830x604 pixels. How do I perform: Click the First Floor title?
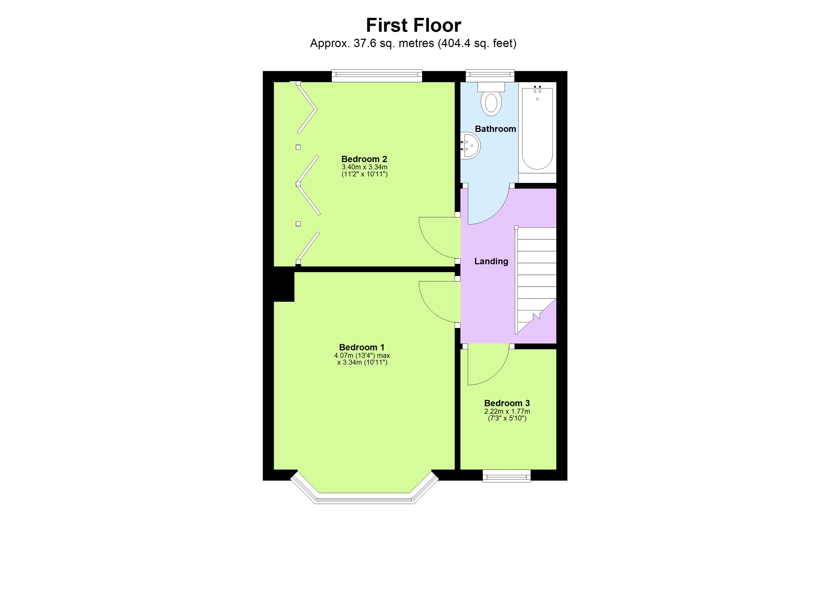click(413, 25)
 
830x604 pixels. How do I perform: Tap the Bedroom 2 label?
click(364, 159)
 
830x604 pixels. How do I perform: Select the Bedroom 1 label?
click(362, 347)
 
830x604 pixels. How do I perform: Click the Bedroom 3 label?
click(507, 403)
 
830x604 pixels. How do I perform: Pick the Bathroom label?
click(495, 129)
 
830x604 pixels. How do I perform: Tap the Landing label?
click(491, 261)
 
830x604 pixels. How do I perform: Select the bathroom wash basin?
click(471, 145)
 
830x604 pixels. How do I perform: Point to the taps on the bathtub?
click(537, 89)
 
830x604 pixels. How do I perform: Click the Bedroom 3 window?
click(507, 476)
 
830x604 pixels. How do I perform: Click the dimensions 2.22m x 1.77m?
click(507, 411)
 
